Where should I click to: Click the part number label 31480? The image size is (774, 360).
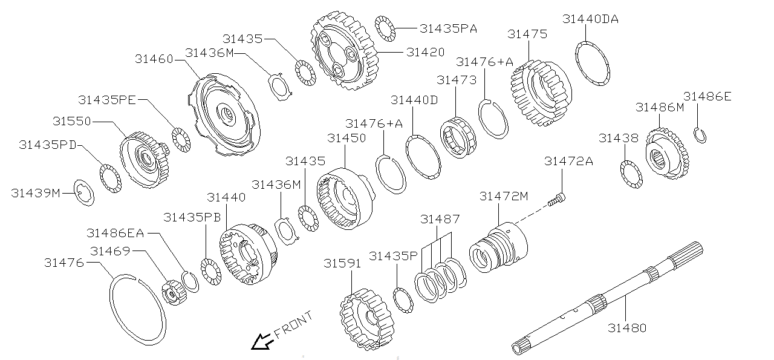627,328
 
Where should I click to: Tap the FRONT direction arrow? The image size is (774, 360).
262,342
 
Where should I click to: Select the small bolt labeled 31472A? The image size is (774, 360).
558,198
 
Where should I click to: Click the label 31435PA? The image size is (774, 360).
448,28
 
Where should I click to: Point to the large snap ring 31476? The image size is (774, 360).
137,309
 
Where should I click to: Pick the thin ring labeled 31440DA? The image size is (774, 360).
592,63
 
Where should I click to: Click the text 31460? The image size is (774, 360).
154,59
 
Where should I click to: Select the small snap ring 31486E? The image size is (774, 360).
700,136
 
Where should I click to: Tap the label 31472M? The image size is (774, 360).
504,196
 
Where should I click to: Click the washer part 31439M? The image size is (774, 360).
84,193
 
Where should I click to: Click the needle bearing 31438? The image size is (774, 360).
631,174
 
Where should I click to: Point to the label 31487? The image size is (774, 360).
440,219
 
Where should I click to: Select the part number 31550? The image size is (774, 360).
71,121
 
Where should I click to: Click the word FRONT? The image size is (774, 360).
293,325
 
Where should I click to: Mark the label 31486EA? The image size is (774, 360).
115,233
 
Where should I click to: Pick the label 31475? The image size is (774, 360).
527,34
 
